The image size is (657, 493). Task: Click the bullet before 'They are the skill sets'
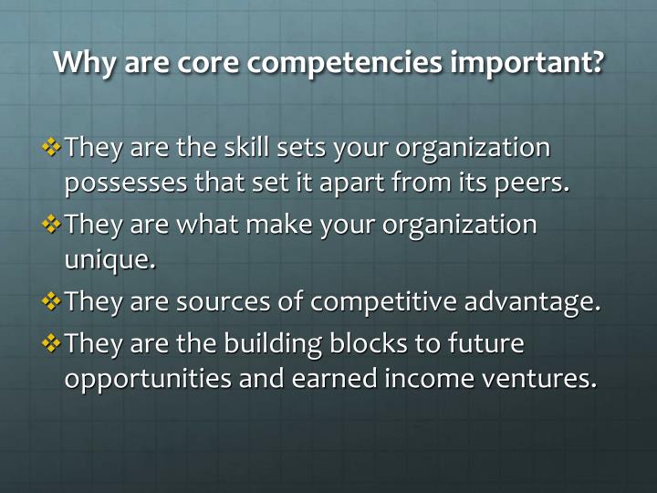[53, 146]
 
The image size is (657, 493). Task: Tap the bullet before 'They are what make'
[53, 224]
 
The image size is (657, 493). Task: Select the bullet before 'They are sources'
[53, 301]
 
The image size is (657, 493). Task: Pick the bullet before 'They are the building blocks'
[53, 343]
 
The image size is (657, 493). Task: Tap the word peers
[537, 183]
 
